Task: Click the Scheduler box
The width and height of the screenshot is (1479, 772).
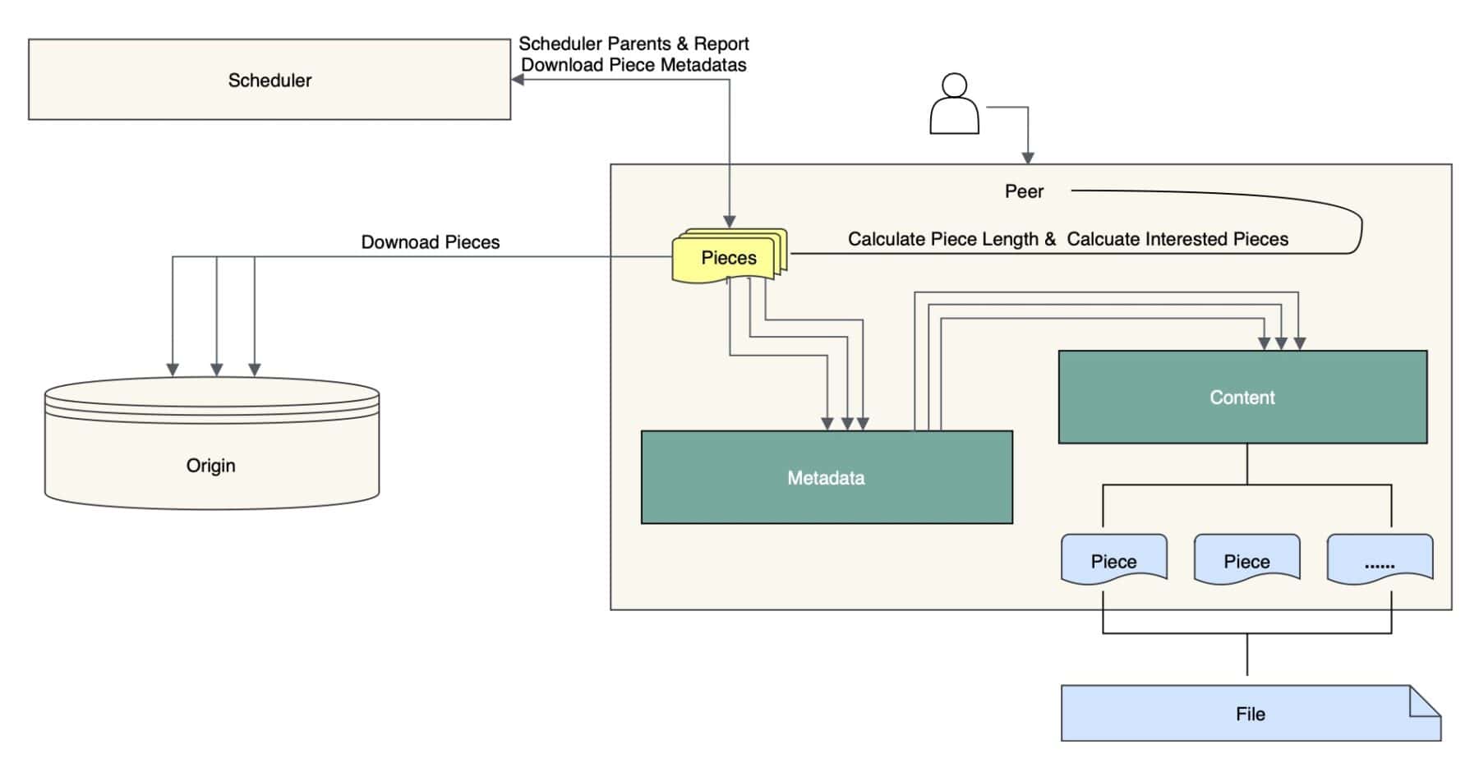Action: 270,80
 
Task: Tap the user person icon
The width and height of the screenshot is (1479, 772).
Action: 954,104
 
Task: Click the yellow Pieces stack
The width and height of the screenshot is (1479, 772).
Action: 729,257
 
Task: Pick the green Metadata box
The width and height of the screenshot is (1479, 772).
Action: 826,477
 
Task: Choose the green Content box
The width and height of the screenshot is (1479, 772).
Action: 1242,397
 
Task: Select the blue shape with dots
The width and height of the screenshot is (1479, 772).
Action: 1380,561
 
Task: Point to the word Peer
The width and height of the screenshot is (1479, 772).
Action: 1024,191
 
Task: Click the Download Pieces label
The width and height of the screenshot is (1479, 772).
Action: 431,242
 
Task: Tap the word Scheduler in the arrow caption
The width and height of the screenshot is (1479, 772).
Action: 555,44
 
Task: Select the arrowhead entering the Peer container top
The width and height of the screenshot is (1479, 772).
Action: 1027,158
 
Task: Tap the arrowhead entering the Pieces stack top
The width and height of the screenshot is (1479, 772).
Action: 729,221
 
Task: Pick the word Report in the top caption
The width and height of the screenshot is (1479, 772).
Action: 721,44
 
